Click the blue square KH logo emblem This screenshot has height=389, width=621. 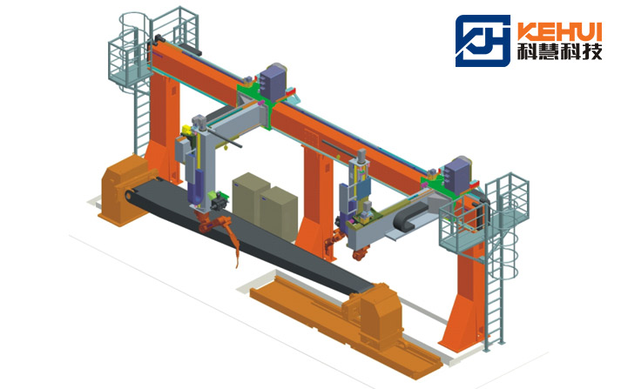coord(483,40)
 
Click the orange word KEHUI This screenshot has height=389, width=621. coord(560,31)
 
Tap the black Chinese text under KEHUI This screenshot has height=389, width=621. coord(560,51)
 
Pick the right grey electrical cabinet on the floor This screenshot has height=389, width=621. coord(279,214)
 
